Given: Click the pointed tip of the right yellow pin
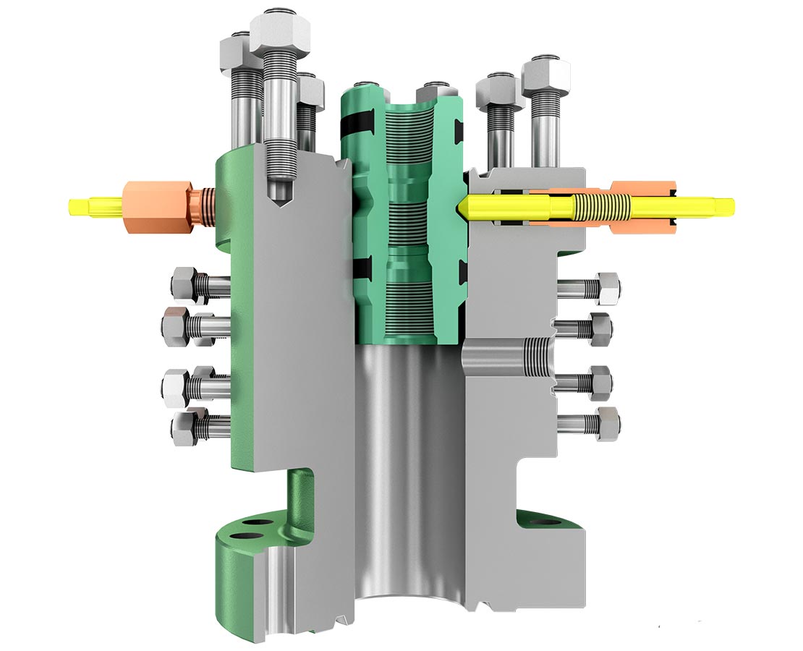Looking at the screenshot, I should pyautogui.click(x=461, y=205).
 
